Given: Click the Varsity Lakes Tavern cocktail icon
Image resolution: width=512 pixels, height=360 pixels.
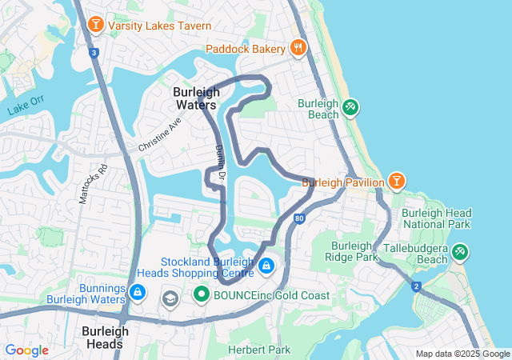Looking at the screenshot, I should click(96, 26).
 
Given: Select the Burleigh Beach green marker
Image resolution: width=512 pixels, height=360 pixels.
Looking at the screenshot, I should click(350, 107).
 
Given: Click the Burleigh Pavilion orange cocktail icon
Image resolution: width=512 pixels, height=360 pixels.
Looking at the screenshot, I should click(396, 182).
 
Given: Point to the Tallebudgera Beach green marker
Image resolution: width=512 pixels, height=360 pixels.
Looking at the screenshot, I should click(459, 252).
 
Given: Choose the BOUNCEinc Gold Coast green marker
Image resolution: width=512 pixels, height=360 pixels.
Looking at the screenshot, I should click(202, 295).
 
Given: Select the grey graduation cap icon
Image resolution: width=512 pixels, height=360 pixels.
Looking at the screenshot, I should click(170, 298).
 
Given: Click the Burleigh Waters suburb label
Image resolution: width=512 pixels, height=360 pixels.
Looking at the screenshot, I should click(195, 98).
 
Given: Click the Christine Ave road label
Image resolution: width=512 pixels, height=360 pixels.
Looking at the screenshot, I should click(160, 135).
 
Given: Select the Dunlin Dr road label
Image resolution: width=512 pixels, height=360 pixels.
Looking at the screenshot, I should click(222, 161).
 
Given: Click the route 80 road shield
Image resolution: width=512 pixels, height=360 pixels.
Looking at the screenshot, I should click(299, 217).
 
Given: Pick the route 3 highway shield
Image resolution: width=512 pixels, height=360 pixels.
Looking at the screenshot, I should click(94, 53).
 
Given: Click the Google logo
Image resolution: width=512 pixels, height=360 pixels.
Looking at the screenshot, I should click(26, 350).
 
